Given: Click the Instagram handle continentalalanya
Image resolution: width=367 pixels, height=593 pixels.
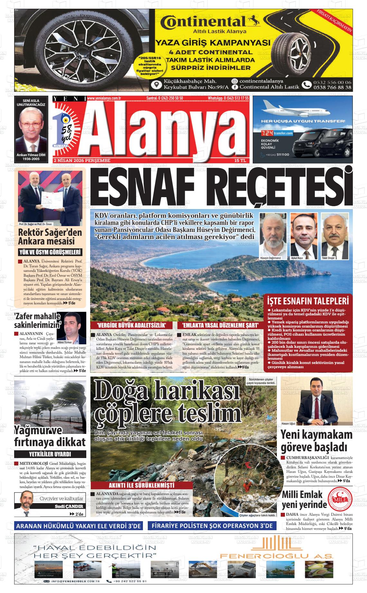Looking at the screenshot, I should point(261,81).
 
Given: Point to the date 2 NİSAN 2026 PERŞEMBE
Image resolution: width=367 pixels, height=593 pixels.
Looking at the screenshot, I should point(82,160).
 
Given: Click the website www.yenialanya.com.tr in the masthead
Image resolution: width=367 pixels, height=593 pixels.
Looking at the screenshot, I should point(104,98).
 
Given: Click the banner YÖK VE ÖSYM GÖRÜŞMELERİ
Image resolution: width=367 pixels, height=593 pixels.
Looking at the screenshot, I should point(50,252).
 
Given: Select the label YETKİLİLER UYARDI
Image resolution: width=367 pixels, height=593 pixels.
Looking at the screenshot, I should point(50,454).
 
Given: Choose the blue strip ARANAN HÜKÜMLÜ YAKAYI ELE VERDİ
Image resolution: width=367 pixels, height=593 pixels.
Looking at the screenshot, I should point(79,526).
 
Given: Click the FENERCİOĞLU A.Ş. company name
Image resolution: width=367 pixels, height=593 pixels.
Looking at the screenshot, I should point(277,556).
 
